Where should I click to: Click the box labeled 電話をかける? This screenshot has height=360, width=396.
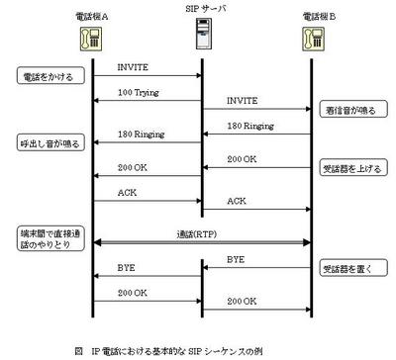click(x=45, y=75)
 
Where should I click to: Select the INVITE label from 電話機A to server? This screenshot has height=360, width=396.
click(x=133, y=67)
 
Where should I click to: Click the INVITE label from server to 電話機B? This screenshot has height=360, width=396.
click(x=245, y=101)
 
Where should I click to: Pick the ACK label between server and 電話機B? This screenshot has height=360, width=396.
click(x=238, y=201)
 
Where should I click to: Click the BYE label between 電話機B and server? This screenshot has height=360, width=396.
click(x=237, y=259)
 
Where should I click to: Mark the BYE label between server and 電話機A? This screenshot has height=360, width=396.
click(x=128, y=268)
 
